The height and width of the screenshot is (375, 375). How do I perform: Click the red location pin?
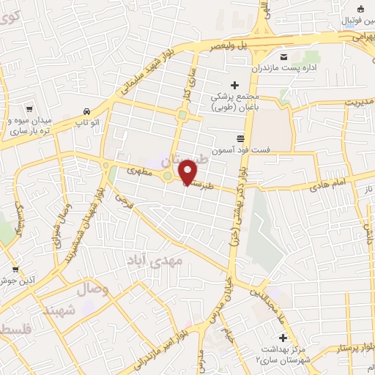point(188,171)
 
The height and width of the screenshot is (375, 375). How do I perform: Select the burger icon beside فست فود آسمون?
point(241,138)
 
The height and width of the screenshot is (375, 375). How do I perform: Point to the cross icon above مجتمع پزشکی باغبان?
point(234,85)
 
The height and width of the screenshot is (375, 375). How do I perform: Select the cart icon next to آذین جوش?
point(15,270)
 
